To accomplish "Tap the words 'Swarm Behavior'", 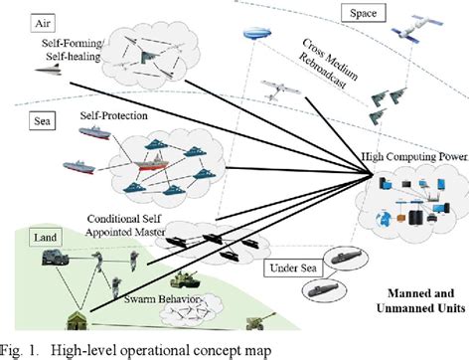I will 160,298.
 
